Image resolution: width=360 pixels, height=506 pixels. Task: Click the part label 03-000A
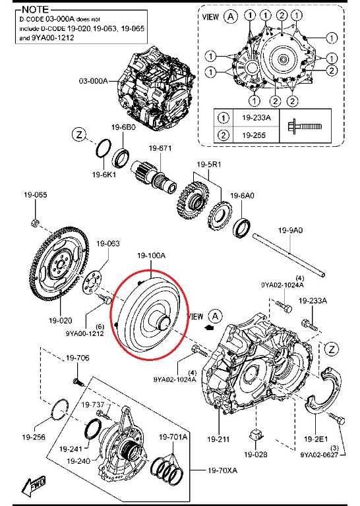coord(93,80)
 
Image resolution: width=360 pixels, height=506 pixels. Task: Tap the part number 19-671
coord(160,148)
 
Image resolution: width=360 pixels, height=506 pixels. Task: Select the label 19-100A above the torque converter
coord(151,256)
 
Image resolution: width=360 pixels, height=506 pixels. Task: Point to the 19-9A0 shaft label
coord(290,231)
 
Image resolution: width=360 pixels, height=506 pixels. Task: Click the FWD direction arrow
coord(34,485)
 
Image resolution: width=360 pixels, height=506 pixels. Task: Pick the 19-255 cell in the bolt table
coord(254,135)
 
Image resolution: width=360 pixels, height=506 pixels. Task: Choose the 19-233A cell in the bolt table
coord(256,117)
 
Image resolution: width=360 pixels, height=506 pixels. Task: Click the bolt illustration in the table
coord(305,126)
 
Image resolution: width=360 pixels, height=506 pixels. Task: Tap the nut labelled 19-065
coord(36,222)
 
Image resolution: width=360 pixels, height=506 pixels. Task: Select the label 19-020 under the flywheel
coord(61,320)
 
